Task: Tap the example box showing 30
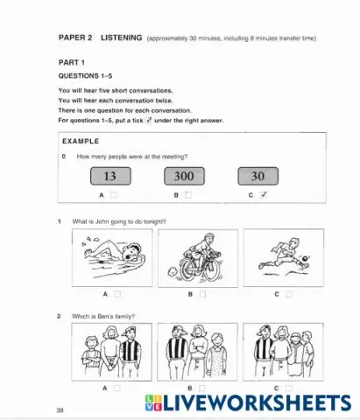click(258, 176)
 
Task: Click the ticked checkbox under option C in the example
click(264, 195)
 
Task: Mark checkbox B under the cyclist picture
click(202, 295)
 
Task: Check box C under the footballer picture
click(288, 295)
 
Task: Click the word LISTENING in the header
click(121, 38)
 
